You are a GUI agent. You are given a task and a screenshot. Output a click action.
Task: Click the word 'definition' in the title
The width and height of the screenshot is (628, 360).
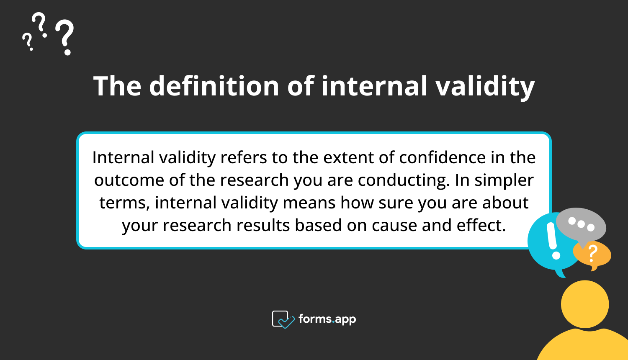214,86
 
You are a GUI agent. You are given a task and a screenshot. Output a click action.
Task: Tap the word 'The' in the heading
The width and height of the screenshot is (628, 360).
117,86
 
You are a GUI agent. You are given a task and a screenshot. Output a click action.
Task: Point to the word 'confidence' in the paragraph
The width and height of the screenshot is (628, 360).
442,158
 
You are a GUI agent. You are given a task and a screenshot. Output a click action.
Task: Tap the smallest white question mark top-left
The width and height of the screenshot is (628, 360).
28,42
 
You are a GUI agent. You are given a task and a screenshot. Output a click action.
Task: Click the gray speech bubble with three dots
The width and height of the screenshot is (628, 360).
581,225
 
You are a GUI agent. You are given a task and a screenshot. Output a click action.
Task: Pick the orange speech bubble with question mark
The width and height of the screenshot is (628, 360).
593,254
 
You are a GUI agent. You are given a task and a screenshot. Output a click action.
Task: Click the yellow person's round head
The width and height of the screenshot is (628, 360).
584,304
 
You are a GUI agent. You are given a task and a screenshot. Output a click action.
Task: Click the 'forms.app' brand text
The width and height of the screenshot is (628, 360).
327,319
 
